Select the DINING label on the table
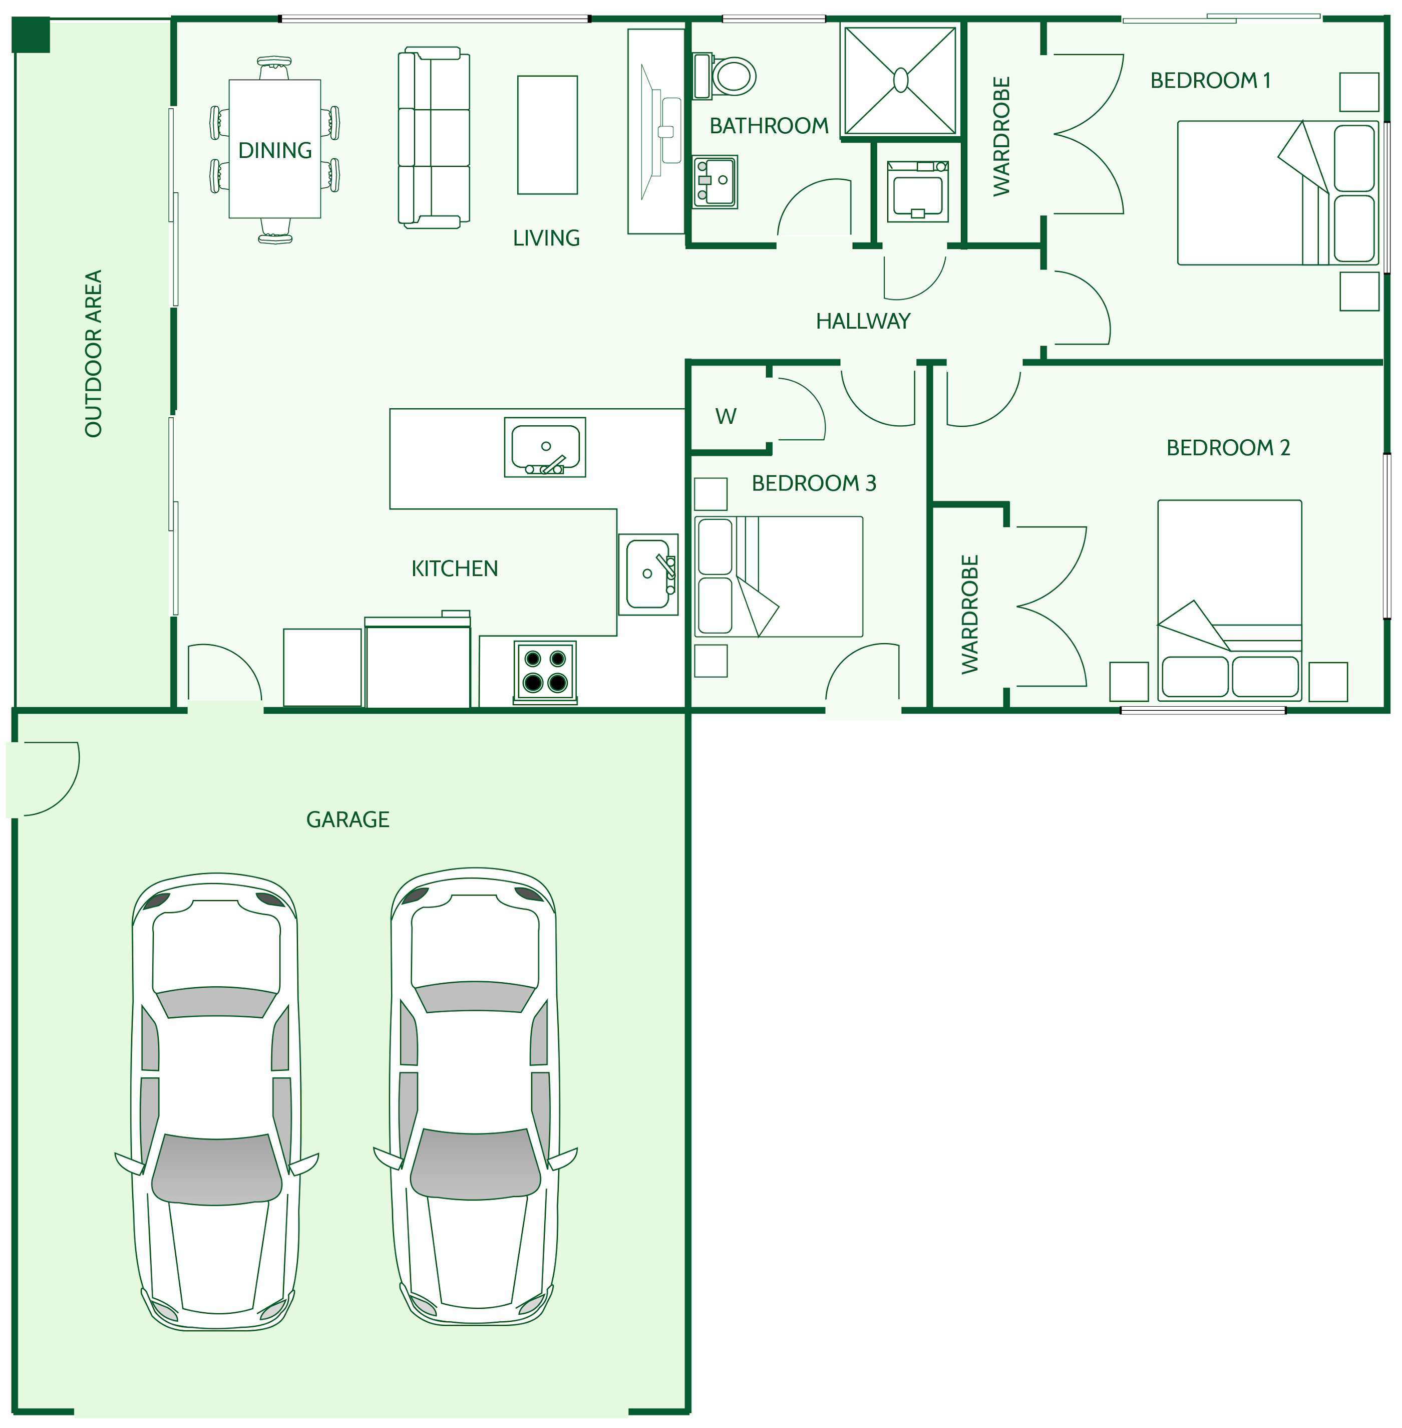tap(275, 150)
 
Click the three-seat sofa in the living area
tap(434, 138)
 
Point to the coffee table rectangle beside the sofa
tap(547, 135)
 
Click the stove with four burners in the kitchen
tap(545, 671)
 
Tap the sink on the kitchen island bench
tap(545, 447)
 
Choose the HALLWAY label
tap(863, 321)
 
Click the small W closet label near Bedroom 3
tap(726, 417)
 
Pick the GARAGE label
tap(347, 819)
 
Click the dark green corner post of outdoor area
tap(31, 35)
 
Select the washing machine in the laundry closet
tap(917, 191)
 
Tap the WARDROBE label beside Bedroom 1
tap(1001, 136)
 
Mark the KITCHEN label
tap(454, 568)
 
